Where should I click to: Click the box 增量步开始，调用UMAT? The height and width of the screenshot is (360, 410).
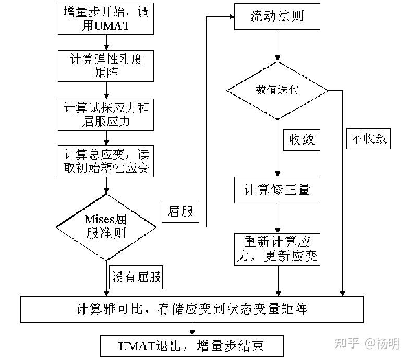pyautogui.click(x=106, y=19)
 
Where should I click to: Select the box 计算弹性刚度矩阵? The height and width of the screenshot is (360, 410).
pyautogui.click(x=106, y=66)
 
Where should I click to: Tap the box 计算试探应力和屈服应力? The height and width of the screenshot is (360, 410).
pyautogui.click(x=106, y=115)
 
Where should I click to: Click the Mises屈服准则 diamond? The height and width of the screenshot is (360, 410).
pyautogui.click(x=106, y=227)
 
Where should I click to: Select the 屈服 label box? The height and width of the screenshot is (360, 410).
pyautogui.click(x=180, y=211)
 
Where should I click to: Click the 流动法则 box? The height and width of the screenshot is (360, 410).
pyautogui.click(x=277, y=17)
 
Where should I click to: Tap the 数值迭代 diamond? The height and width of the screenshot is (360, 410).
pyautogui.click(x=277, y=90)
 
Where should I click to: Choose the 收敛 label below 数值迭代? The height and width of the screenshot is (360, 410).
pyautogui.click(x=302, y=140)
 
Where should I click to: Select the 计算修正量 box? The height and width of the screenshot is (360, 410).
pyautogui.click(x=277, y=189)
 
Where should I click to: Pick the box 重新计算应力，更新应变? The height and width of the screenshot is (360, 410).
pyautogui.click(x=277, y=249)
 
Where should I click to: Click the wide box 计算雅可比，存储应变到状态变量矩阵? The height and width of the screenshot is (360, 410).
pyautogui.click(x=191, y=309)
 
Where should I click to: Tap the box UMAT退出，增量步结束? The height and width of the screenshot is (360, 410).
pyautogui.click(x=191, y=345)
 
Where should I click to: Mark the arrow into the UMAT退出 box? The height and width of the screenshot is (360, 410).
pyautogui.click(x=192, y=329)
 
